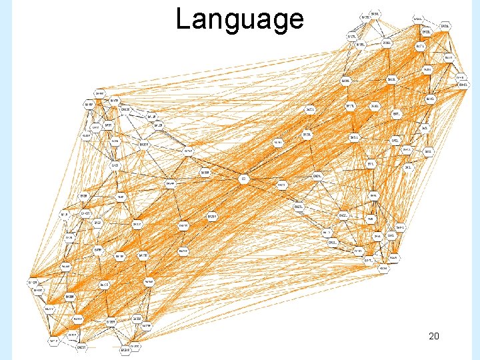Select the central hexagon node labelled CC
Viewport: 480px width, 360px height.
(x=244, y=179)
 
